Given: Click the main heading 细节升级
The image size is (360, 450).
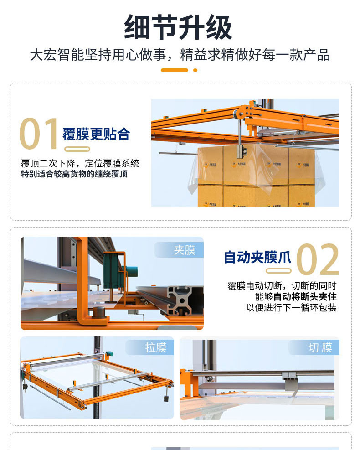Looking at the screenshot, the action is pos(178,27).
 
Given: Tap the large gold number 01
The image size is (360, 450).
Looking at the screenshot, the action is pos(39,134).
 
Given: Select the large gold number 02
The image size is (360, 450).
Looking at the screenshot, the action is pos(318,259).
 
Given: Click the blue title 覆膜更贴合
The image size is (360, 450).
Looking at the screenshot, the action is pos(96,134).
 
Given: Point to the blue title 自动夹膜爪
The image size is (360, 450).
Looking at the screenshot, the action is pos(257,257).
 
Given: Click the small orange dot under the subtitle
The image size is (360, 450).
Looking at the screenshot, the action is pos(195,70).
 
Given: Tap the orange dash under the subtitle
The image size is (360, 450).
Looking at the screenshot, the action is pos(175,70).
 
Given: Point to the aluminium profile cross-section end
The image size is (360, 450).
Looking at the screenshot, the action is pos(184,300).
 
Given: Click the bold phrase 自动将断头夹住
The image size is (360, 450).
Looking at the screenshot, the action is pos(305,296).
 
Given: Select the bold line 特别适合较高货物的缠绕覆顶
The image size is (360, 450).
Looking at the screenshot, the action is pos(74,174).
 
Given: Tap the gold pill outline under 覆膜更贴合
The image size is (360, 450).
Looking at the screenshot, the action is pos(77,149).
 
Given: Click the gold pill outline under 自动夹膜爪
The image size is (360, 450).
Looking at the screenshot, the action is pos(278,271).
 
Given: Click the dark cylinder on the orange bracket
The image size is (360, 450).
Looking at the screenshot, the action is pos(99,312).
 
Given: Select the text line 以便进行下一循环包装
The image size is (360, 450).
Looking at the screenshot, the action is pos(292,308).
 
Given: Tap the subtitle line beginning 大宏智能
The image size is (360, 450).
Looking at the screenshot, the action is pos(180,55).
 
